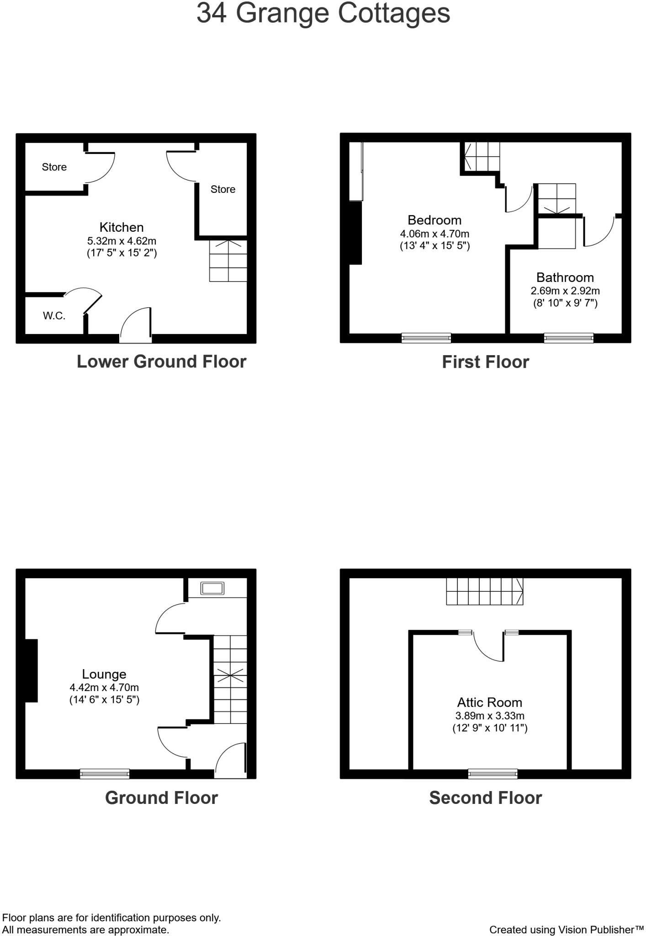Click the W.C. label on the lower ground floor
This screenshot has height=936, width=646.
[54, 316]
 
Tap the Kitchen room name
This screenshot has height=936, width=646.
[122, 227]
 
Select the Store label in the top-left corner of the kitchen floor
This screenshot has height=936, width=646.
[54, 167]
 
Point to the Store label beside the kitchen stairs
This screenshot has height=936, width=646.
[222, 189]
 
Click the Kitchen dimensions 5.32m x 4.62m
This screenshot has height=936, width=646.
[122, 241]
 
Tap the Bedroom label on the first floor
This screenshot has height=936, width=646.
[434, 220]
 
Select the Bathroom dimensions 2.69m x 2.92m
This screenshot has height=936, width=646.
[565, 291]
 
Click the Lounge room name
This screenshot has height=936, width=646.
[104, 674]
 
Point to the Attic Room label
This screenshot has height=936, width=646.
[489, 702]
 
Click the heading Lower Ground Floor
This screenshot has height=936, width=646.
[161, 362]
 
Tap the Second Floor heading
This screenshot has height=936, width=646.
[485, 798]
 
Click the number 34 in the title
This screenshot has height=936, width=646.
[211, 13]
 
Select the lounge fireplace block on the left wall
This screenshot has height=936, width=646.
[31, 670]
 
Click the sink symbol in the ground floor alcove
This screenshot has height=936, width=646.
[212, 588]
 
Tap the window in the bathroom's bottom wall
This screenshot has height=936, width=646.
[568, 338]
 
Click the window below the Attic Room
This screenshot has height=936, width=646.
[492, 774]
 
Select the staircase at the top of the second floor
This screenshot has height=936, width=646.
[484, 591]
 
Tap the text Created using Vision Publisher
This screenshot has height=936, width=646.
[566, 930]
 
